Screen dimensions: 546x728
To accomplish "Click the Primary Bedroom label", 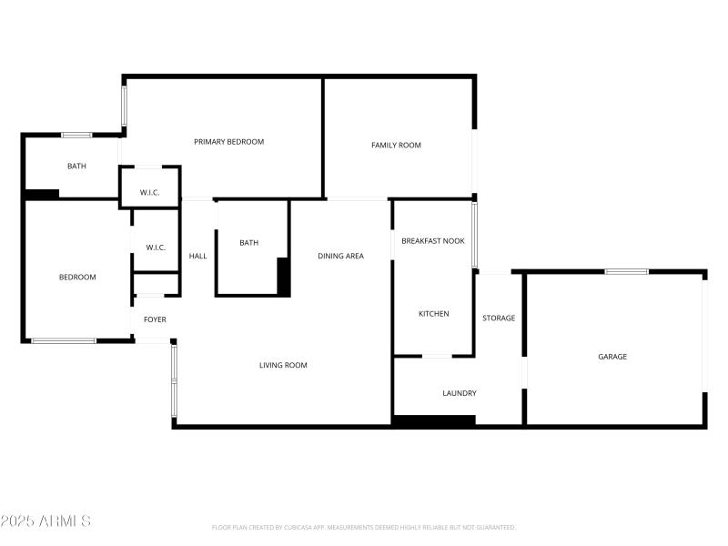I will tap(228, 142).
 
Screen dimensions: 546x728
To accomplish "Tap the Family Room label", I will tap(396, 146).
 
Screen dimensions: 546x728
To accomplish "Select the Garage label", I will tap(612, 357).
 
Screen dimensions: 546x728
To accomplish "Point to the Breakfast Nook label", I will tap(433, 241).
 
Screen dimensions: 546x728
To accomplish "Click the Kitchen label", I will tap(433, 314).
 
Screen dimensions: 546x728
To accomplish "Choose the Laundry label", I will tap(460, 393).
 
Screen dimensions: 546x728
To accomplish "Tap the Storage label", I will tap(499, 318).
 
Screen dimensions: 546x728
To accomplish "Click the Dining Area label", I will tap(340, 257).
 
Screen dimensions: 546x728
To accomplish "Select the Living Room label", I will tap(283, 366).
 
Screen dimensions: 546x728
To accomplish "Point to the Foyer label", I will tap(155, 319).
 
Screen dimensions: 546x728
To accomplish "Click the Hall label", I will tap(197, 257).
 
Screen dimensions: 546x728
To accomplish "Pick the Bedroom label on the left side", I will tap(77, 278).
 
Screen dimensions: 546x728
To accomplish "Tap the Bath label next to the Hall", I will tap(248, 243).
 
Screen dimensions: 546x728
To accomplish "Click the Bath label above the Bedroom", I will tap(76, 167).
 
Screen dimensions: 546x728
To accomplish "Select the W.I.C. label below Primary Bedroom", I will tap(150, 192).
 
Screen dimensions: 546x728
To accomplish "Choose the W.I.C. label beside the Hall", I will tap(156, 248).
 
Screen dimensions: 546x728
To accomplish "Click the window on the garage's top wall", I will tap(627, 271).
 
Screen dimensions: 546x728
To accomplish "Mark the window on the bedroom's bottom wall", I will tap(64, 341).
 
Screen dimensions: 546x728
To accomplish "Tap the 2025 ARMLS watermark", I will tap(45, 521).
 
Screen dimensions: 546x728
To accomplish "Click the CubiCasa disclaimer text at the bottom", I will tap(364, 528).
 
